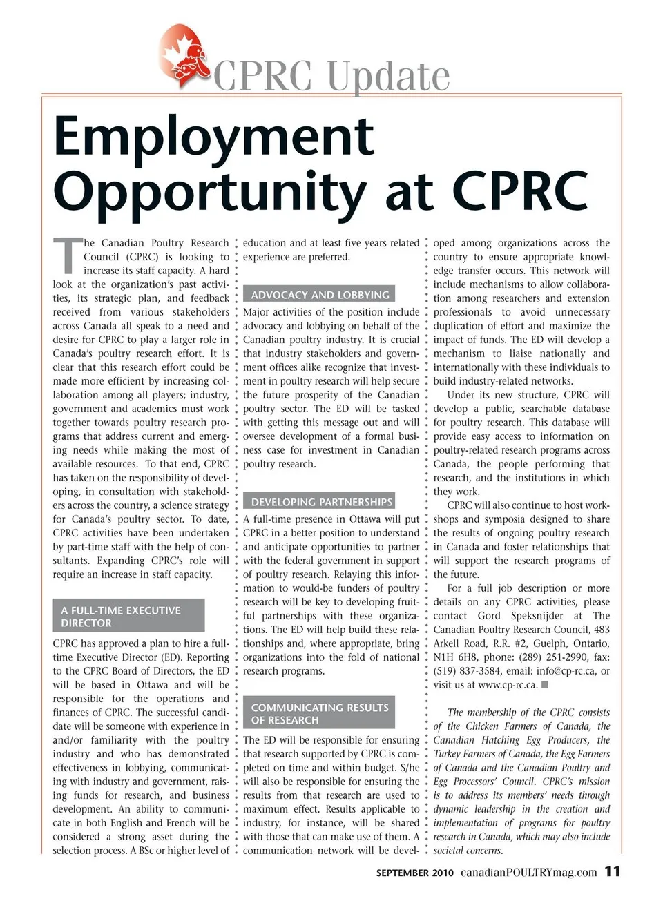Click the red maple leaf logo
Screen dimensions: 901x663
coord(184,56)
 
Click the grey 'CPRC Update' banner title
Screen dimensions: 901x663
coord(331,75)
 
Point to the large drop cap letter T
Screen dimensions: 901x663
coord(66,255)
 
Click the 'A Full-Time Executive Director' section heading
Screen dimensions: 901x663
coord(128,617)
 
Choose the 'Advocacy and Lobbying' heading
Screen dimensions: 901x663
coord(320,295)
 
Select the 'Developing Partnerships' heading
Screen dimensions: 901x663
coord(321,502)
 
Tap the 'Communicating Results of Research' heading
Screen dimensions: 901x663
coord(320,714)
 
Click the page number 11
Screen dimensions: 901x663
coord(613,872)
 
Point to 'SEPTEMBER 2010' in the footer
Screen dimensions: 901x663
coord(414,873)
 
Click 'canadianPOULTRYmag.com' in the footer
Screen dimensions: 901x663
coord(528,873)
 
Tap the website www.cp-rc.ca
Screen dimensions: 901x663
coord(508,685)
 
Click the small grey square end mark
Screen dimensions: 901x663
coord(545,685)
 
